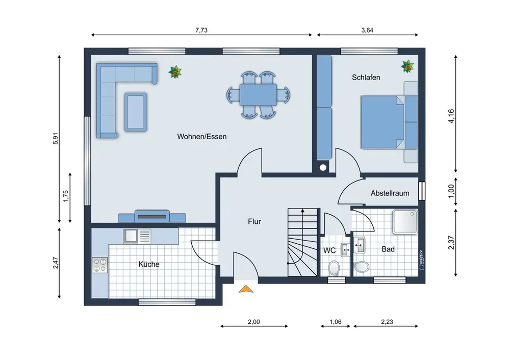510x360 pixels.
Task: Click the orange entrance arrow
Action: coord(246,289)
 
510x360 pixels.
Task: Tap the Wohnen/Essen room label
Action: coord(201,137)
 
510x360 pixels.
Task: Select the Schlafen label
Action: coord(366,78)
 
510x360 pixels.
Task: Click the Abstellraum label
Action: coord(390,193)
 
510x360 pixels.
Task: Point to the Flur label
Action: coord(254,221)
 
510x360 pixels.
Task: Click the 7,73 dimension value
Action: coord(201,30)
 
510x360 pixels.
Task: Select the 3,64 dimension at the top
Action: coord(367,30)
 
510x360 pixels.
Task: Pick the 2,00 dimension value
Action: coord(253,322)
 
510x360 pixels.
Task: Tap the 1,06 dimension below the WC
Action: coord(336,322)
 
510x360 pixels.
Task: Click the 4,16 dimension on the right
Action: coord(451,116)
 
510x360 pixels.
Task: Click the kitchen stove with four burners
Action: coord(100,265)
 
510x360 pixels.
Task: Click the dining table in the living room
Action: coord(258,95)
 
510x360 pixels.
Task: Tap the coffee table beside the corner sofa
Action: coord(136,112)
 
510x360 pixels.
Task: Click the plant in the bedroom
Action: coord(407,66)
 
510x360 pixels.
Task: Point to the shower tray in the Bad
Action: coord(405,222)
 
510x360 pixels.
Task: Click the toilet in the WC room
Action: coord(334,268)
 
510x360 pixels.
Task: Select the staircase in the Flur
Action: coord(302,242)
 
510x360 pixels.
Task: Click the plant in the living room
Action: coord(175,72)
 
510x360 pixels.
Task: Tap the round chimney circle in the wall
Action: coord(323,167)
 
